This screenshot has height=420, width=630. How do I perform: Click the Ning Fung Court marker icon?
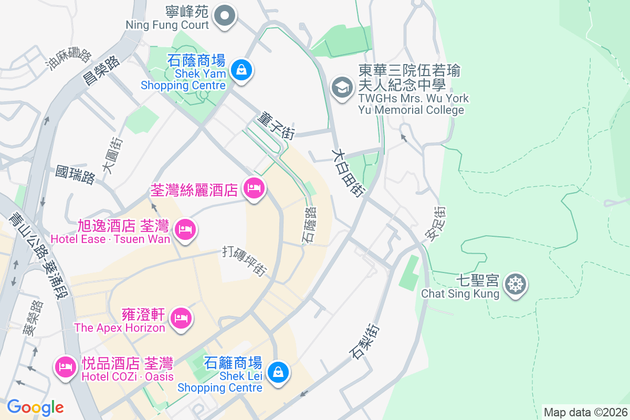tap(225, 15)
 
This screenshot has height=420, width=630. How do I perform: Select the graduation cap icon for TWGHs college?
tap(342, 88)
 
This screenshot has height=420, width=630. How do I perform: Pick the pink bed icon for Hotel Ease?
tap(185, 229)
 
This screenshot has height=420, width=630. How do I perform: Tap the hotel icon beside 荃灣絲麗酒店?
tap(254, 188)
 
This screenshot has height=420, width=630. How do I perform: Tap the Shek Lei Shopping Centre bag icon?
tap(277, 372)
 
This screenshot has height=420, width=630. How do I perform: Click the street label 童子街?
tap(275, 125)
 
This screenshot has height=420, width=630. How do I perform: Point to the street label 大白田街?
tap(348, 172)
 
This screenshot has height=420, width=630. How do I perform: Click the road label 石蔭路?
tap(309, 225)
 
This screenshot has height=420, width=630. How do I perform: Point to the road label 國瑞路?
tap(76, 175)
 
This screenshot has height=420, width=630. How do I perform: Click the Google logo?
tap(35, 407)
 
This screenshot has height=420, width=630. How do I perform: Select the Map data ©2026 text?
tap(585, 412)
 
